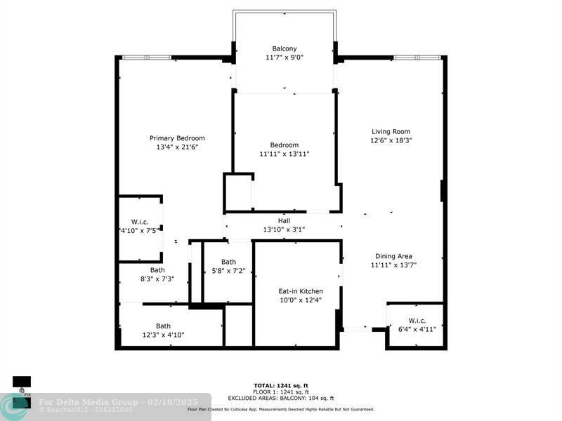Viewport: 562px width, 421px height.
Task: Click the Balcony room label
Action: (x=285, y=48)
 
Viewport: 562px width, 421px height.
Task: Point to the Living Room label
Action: (x=391, y=131)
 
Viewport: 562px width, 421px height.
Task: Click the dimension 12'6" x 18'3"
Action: (x=391, y=140)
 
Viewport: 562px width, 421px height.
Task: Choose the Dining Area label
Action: (x=393, y=256)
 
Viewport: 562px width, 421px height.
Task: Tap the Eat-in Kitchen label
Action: (x=301, y=291)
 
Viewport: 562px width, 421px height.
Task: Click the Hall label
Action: (x=284, y=220)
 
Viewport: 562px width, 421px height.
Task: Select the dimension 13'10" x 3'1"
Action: (x=284, y=229)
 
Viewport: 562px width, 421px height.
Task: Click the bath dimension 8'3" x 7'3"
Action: (x=157, y=279)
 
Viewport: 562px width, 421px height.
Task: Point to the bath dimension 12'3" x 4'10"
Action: (x=163, y=335)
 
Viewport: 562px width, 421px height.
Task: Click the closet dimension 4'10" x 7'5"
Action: (x=140, y=230)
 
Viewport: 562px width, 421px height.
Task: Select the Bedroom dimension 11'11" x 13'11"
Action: (x=285, y=154)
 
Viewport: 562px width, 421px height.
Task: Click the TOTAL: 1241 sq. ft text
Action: (x=281, y=385)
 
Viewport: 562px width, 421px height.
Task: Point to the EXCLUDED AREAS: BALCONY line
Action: (x=281, y=398)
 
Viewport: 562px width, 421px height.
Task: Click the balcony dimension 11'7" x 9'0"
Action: (x=285, y=58)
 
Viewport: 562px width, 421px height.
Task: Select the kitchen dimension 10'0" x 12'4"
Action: (x=301, y=300)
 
